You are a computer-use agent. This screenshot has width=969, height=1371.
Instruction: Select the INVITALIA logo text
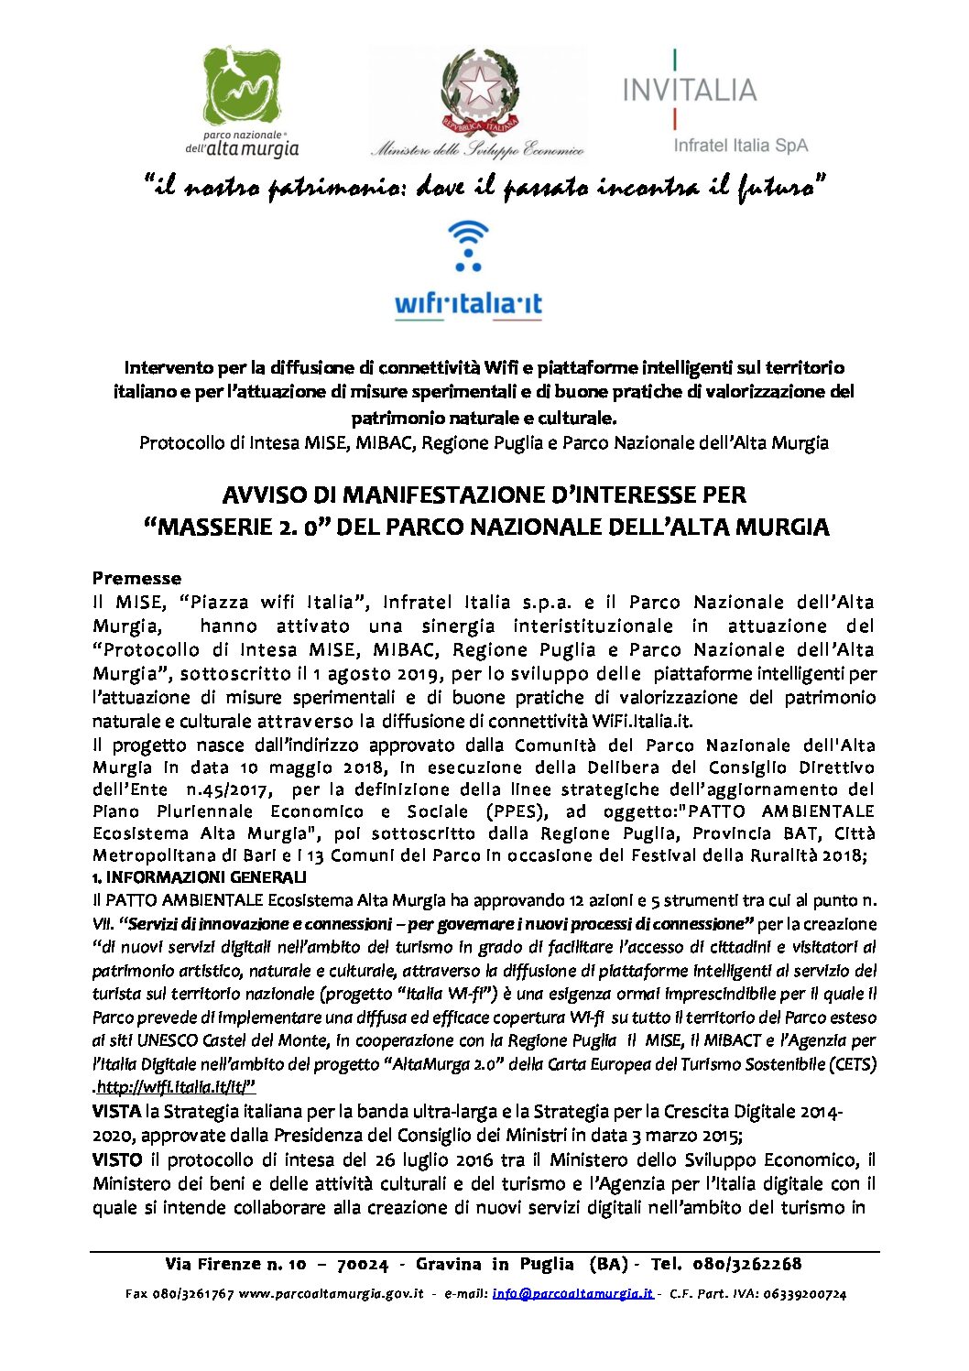pyautogui.click(x=689, y=90)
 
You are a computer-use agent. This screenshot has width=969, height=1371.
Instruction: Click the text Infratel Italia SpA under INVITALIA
pyautogui.click(x=740, y=145)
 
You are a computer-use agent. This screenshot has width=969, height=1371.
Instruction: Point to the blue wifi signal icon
pyautogui.click(x=468, y=245)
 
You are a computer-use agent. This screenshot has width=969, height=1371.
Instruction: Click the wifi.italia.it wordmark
pyautogui.click(x=468, y=304)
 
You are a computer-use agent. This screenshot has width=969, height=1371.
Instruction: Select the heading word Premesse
pyautogui.click(x=136, y=578)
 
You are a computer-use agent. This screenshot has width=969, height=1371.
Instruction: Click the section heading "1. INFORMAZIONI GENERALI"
pyautogui.click(x=200, y=877)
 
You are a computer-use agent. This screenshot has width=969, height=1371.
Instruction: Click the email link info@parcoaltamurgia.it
pyautogui.click(x=572, y=1294)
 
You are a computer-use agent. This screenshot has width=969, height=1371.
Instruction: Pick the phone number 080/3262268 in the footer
pyautogui.click(x=746, y=1264)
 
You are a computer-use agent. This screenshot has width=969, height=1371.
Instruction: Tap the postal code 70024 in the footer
pyautogui.click(x=363, y=1264)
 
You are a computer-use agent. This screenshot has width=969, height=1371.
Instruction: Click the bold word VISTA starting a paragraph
pyautogui.click(x=116, y=1112)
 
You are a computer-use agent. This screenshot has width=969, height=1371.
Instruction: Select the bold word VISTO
pyautogui.click(x=116, y=1159)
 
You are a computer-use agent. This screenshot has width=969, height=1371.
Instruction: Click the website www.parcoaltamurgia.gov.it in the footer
pyautogui.click(x=331, y=1294)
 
